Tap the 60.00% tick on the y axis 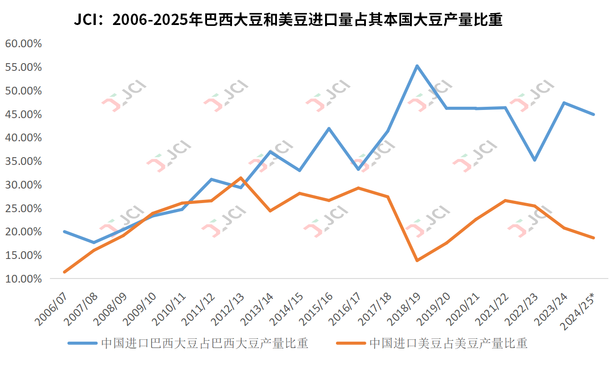point(23,44)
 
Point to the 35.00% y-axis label point(23,161)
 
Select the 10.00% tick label point(23,278)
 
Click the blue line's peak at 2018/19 point(417,66)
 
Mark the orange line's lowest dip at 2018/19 point(417,260)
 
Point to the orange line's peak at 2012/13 point(241,178)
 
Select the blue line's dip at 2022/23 point(535,160)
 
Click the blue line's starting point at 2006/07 point(64,232)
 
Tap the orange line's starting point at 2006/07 point(64,272)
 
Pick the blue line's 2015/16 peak point(329,129)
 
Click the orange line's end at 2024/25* point(593,238)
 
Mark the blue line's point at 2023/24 point(564,103)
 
